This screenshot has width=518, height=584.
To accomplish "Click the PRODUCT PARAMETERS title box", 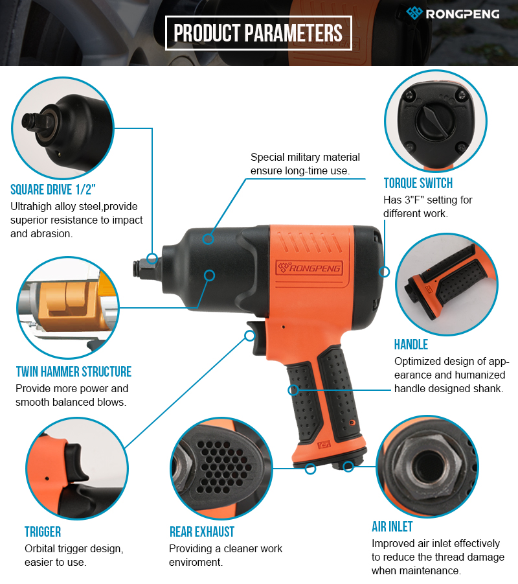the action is click(258, 33).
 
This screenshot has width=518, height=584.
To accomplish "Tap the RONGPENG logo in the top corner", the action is click(453, 14).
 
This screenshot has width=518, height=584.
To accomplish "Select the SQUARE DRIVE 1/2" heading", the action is click(53, 189).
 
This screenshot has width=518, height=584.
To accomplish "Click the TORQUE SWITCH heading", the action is click(418, 183).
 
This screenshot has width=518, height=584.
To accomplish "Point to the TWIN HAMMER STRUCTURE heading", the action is click(74, 371).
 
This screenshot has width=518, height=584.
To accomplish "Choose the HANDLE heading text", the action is click(411, 344).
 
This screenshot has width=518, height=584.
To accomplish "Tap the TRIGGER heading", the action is click(43, 531).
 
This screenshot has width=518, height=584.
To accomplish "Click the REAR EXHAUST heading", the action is click(202, 531).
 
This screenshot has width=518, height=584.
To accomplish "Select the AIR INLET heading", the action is click(392, 526).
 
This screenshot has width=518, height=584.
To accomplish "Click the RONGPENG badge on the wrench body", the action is click(309, 268).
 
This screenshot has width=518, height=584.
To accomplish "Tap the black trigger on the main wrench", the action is click(258, 337).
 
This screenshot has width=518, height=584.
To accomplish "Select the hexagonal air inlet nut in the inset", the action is click(427, 466).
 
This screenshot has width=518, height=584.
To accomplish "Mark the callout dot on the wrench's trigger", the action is click(250, 336).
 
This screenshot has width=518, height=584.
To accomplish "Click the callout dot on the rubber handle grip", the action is click(293, 390).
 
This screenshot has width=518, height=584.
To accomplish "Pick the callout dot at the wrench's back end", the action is click(384, 272).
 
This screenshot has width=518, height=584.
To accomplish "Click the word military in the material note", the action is click(305, 157).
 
